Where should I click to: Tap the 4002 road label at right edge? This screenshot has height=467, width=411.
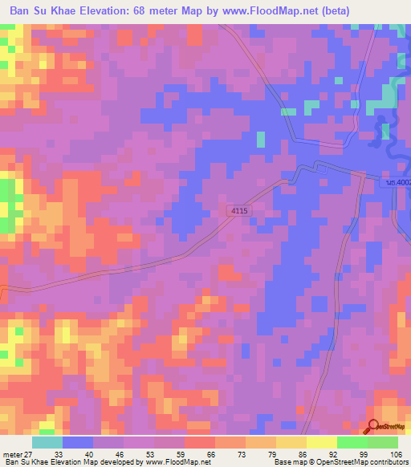pos(396,184)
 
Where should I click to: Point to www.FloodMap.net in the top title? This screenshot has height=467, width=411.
pos(295,11)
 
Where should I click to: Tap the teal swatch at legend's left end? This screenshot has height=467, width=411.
pos(47,442)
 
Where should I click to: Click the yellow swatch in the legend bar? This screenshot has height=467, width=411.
pos(322,442)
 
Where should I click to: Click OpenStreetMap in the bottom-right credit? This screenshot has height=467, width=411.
pos(355,462)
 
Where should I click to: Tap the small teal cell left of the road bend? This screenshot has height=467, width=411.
pos(260,139)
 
